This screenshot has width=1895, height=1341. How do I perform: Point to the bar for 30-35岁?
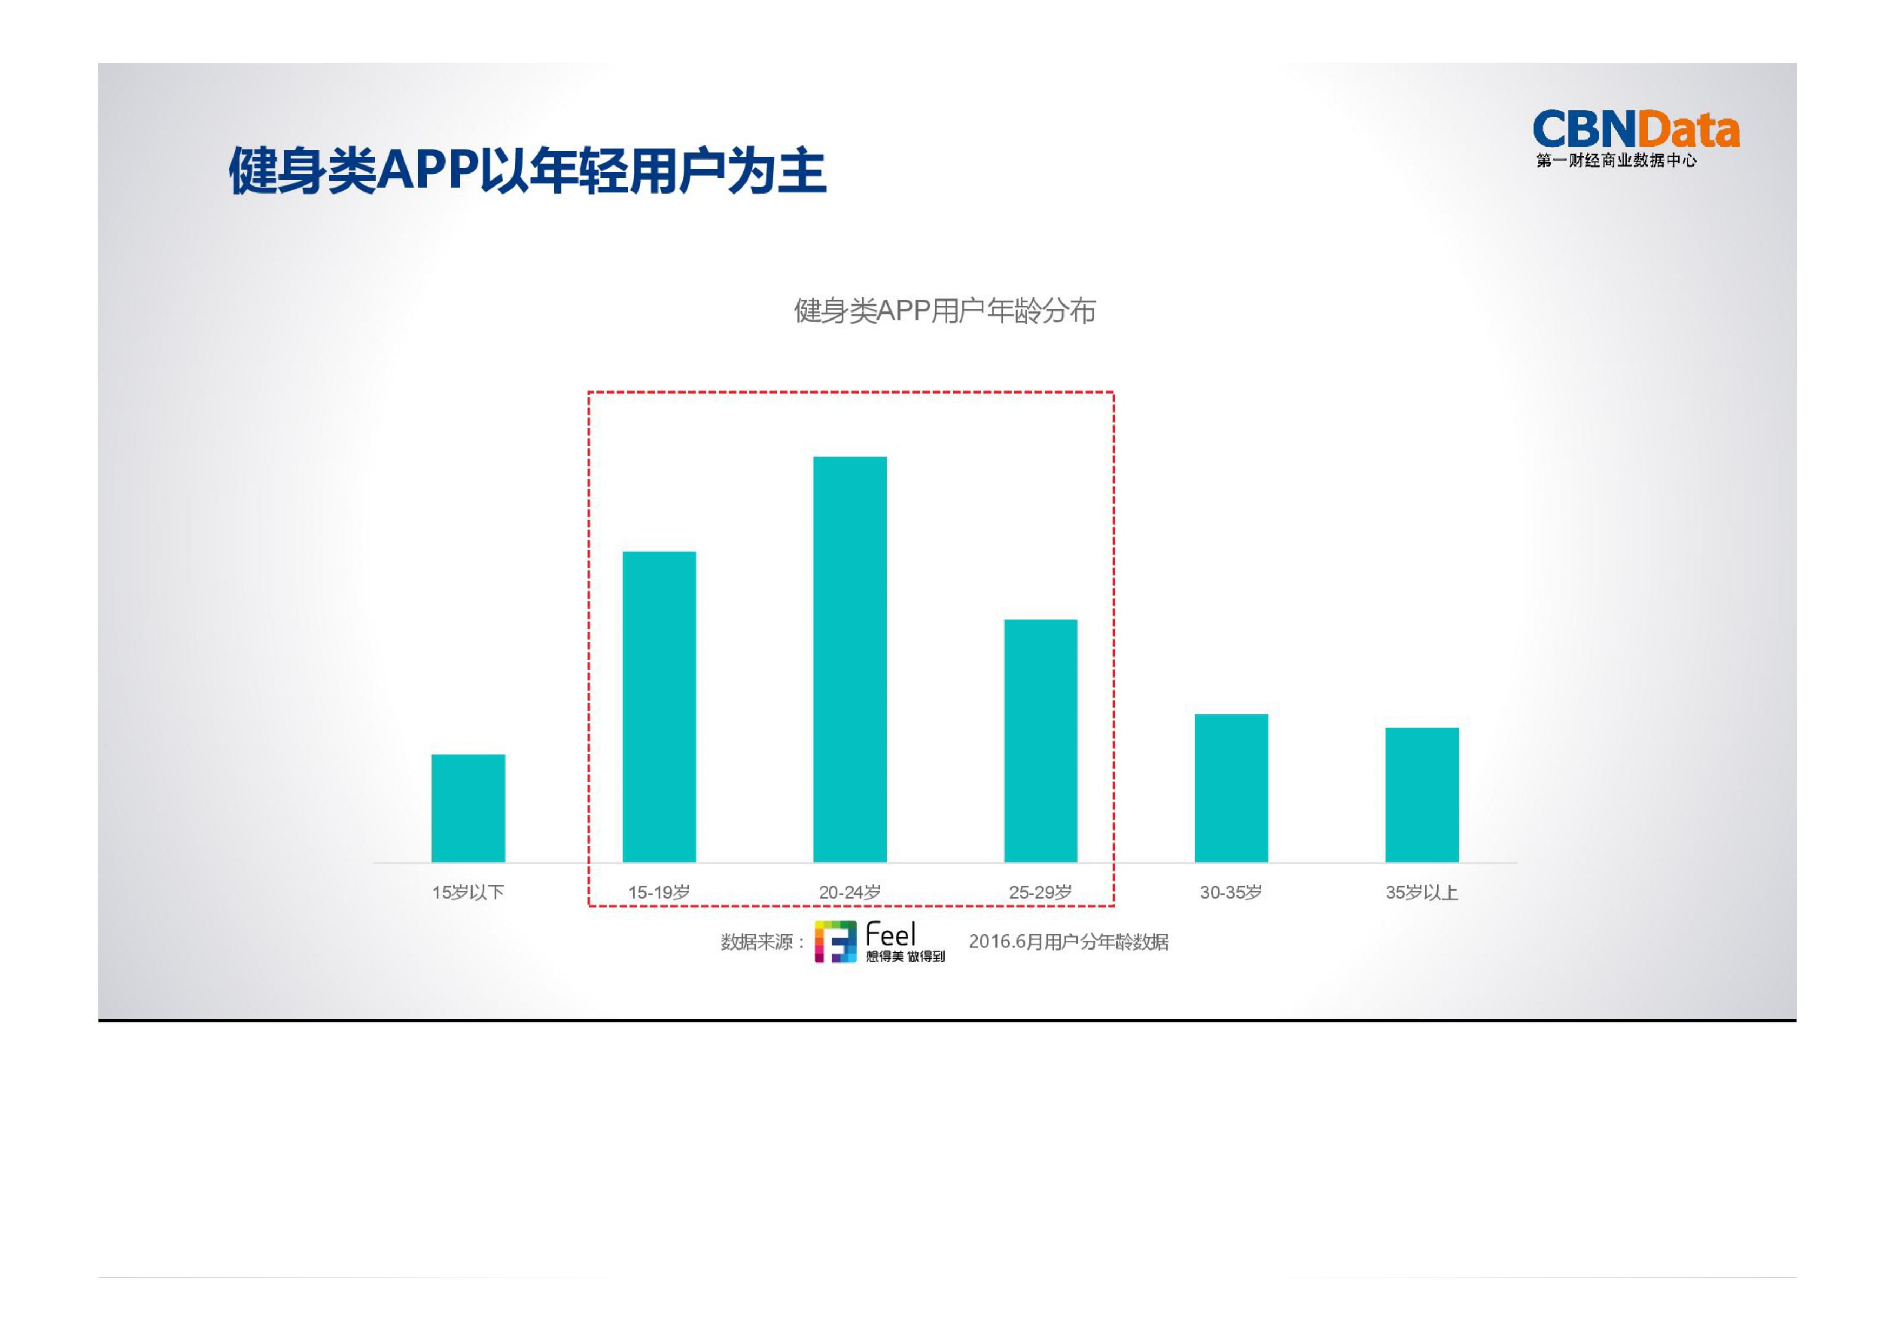tap(1231, 788)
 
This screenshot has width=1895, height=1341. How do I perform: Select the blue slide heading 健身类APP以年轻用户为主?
tap(527, 171)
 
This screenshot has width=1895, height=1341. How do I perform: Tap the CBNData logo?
tap(1635, 130)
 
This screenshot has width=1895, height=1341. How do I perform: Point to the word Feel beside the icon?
tap(890, 935)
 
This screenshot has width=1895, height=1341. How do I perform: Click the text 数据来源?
tap(756, 942)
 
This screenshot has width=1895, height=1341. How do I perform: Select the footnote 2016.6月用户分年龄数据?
tap(1068, 942)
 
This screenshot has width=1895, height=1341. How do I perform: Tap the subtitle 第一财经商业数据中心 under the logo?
tap(1616, 160)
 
